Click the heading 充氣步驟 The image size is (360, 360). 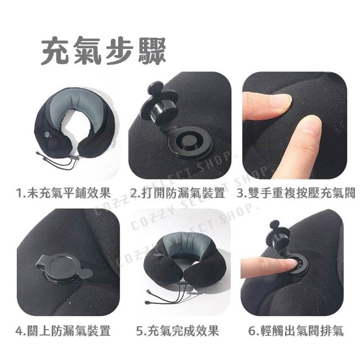[x=103, y=51]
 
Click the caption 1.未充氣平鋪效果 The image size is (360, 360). [x=64, y=193]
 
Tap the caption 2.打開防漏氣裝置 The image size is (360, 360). [x=177, y=193]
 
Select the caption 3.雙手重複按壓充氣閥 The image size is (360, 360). [x=296, y=193]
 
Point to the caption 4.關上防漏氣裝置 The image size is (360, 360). [x=63, y=331]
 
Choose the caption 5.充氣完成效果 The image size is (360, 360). [x=178, y=331]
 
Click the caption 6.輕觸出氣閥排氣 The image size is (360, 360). [x=296, y=331]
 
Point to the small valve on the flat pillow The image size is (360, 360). [x=47, y=135]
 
